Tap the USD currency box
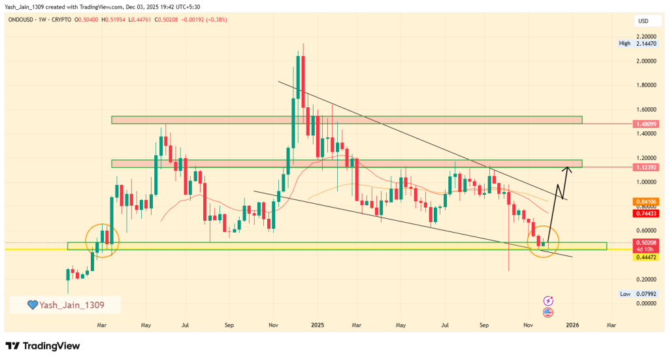643,22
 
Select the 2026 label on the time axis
572,325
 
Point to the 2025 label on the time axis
318,325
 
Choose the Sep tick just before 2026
485,325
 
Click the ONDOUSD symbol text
24,21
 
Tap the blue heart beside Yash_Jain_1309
31,305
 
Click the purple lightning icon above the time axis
548,301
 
